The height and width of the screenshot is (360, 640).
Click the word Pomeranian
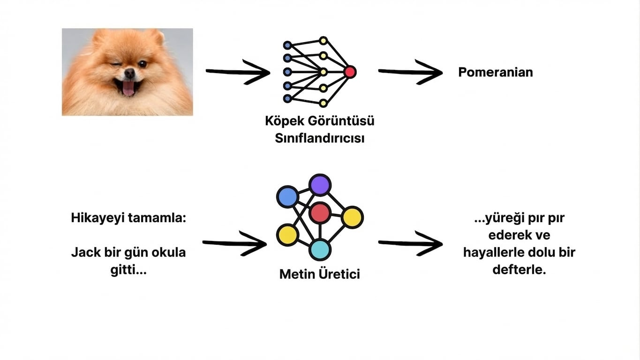coord(495,73)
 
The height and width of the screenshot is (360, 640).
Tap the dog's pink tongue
coord(128,88)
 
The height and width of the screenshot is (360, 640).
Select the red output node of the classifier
coord(350,72)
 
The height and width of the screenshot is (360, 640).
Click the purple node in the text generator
coord(320,185)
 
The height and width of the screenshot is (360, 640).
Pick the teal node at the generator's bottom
coord(320,249)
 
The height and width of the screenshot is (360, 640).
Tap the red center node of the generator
coord(320,213)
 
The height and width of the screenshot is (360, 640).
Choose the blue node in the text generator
coord(287,197)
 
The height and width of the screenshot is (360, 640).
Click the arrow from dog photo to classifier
coord(238,72)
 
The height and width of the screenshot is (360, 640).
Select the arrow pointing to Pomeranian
coord(410,72)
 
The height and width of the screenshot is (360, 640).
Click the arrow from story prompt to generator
coord(234,243)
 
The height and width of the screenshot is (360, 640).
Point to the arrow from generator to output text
coord(410,243)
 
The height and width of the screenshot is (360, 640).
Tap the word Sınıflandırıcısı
coord(319,139)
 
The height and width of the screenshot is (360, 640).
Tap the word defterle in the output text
coord(519,270)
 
